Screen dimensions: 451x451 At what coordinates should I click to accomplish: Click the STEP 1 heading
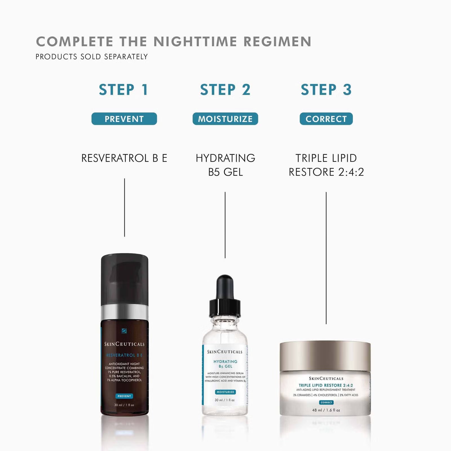click(x=123, y=90)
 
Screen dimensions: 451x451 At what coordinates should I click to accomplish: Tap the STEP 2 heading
click(x=225, y=90)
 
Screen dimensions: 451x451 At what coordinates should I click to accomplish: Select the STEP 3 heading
click(x=326, y=90)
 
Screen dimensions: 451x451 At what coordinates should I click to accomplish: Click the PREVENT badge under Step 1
click(x=124, y=119)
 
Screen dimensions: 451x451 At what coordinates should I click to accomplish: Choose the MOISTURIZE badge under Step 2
click(x=225, y=119)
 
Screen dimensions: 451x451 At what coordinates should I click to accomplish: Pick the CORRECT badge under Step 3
click(x=326, y=119)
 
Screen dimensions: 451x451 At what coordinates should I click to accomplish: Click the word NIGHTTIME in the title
click(x=195, y=41)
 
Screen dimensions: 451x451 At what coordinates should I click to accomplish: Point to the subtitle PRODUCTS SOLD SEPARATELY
click(x=92, y=57)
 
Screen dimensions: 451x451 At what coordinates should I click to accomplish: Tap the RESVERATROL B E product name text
click(x=124, y=158)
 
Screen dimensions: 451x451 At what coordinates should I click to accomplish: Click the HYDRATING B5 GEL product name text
click(x=225, y=165)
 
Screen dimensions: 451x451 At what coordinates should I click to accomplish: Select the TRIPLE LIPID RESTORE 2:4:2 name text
click(x=326, y=165)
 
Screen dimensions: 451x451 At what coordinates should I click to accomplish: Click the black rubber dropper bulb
click(x=225, y=288)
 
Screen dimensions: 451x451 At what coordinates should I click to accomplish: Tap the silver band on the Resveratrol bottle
click(x=125, y=312)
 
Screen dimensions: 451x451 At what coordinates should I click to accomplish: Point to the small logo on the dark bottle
click(x=124, y=331)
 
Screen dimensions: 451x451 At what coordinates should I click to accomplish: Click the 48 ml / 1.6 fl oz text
click(x=326, y=410)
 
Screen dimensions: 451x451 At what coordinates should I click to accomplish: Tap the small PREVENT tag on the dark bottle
click(x=124, y=396)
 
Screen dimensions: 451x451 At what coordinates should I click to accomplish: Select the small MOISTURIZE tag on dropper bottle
click(x=225, y=392)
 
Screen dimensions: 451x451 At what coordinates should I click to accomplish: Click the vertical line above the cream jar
click(x=326, y=258)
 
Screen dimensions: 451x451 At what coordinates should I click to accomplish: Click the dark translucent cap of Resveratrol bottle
click(x=125, y=279)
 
